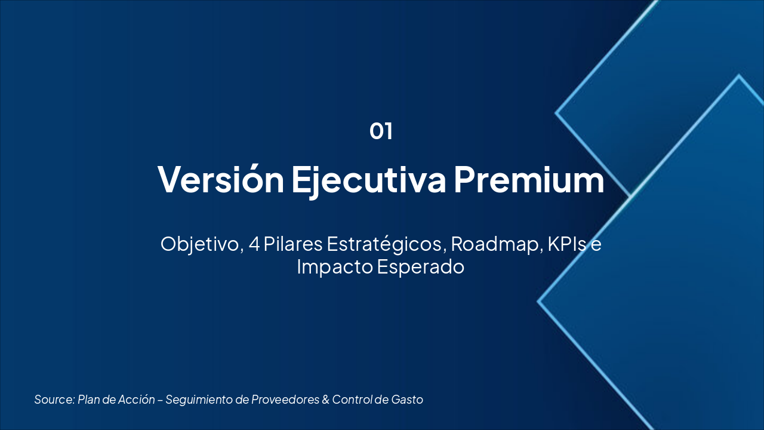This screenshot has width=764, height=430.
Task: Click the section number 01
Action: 381,131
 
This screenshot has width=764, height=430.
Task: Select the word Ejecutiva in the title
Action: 368,179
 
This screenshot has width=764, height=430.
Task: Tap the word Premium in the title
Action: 529,179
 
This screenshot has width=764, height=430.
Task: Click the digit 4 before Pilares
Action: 254,244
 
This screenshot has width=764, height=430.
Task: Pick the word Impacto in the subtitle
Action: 335,267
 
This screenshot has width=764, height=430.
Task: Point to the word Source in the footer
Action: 54,400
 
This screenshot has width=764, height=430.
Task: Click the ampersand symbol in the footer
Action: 326,400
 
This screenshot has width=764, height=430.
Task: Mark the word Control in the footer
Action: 352,400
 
